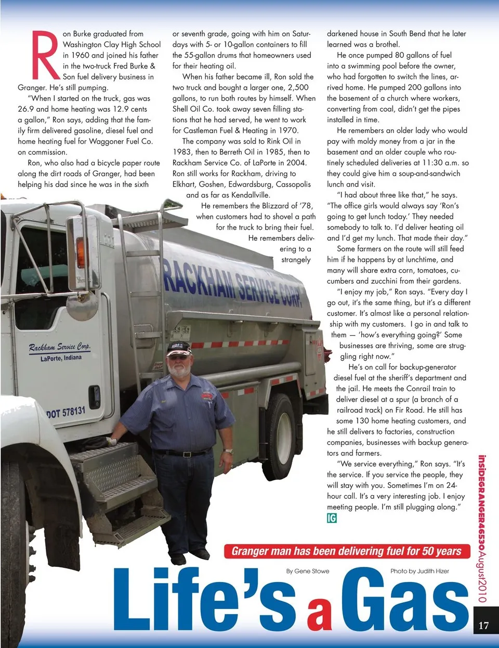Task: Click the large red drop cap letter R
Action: pos(45,55)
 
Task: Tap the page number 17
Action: pos(483,625)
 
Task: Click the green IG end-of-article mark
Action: pos(332,518)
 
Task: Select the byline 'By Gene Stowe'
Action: pos(308,571)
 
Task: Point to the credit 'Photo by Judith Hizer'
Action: pos(419,571)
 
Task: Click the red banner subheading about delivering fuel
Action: pos(346,551)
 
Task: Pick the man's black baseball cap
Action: pos(179,349)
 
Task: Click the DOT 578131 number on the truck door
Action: pos(66,413)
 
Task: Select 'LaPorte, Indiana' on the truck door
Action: pos(61,358)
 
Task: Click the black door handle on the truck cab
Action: pos(94,396)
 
